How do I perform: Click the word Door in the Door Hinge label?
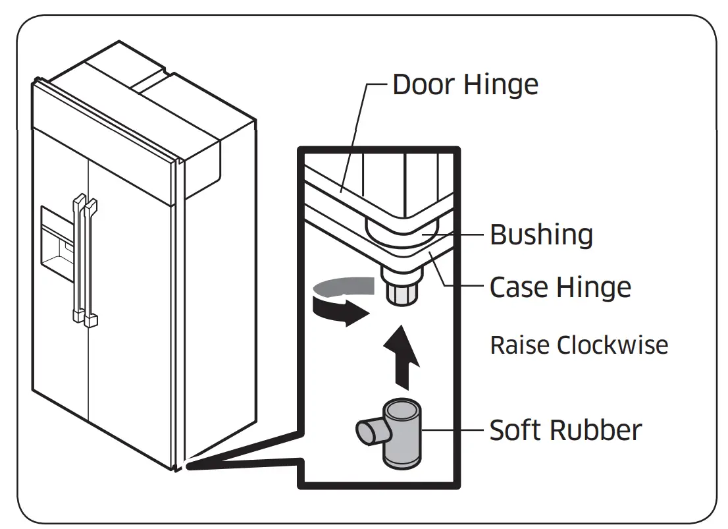[423, 85]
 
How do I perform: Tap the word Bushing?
[541, 235]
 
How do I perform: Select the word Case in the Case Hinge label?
[519, 288]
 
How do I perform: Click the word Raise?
[520, 345]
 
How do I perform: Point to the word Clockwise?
[612, 345]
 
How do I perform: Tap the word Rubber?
[594, 430]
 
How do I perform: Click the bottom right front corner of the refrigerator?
[177, 468]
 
